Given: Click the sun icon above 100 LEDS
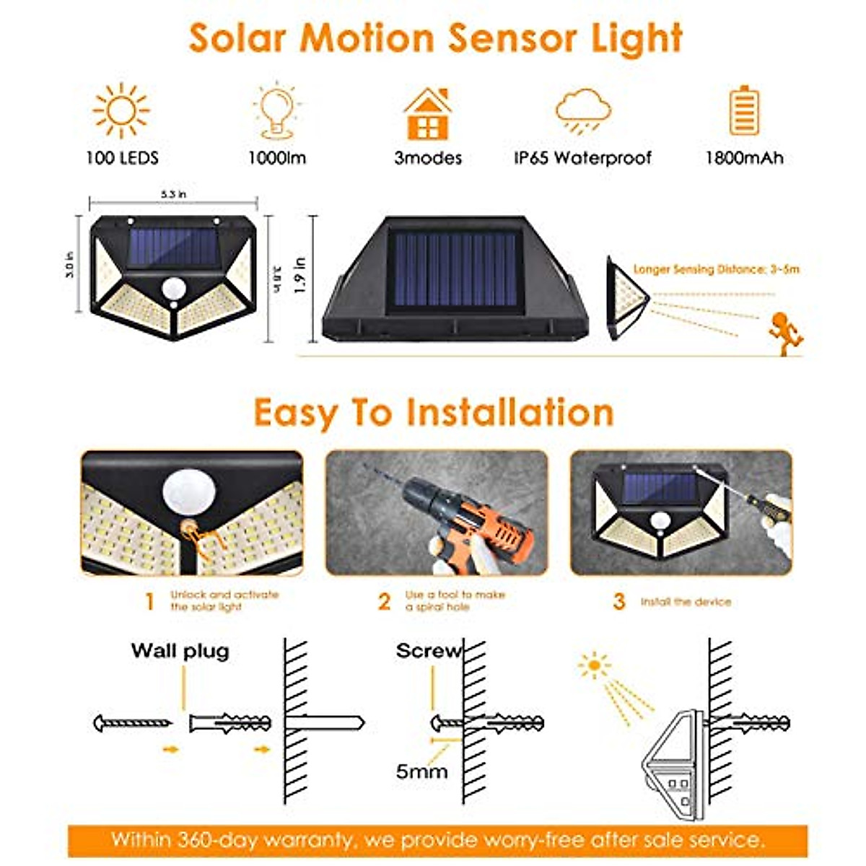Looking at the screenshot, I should tap(121, 110).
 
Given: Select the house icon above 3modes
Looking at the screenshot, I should tap(428, 114).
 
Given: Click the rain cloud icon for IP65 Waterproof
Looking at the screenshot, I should tap(583, 110).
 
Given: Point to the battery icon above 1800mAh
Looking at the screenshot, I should tap(743, 110).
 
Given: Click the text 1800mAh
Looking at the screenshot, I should tap(744, 158).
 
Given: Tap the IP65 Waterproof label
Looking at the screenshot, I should tap(582, 158).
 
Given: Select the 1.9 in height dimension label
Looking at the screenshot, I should tap(300, 275).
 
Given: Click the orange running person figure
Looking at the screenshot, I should tap(784, 330).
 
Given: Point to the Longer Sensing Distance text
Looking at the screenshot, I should tap(716, 269).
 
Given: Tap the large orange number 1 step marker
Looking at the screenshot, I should tap(149, 601).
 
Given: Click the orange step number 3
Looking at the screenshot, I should tap(618, 601).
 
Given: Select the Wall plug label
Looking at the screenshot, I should tap(180, 651).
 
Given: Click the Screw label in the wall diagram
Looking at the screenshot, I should tap(428, 651).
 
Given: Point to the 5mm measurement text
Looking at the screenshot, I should tap(421, 771).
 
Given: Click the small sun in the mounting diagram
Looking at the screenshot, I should tap(594, 665).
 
